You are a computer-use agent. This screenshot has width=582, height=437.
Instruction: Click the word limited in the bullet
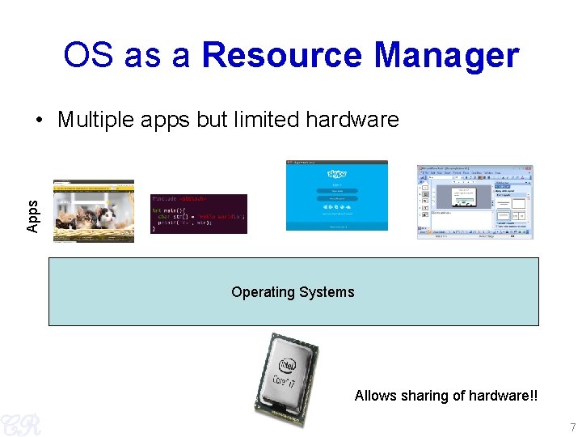pyautogui.click(x=267, y=120)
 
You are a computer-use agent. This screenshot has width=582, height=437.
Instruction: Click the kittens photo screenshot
pyautogui.click(x=94, y=211)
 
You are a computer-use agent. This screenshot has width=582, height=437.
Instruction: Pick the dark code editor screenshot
pyautogui.click(x=199, y=214)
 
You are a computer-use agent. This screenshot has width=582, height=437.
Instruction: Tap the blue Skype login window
pyautogui.click(x=337, y=195)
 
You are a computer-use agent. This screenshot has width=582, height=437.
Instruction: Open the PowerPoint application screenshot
pyautogui.click(x=475, y=202)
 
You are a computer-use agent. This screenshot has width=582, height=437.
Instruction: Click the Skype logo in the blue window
pyautogui.click(x=337, y=174)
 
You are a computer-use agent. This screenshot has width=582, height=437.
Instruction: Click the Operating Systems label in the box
pyautogui.click(x=293, y=292)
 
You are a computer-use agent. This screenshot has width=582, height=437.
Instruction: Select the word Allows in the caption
pyautogui.click(x=375, y=396)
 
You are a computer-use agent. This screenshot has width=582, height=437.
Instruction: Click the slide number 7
pyautogui.click(x=572, y=427)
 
